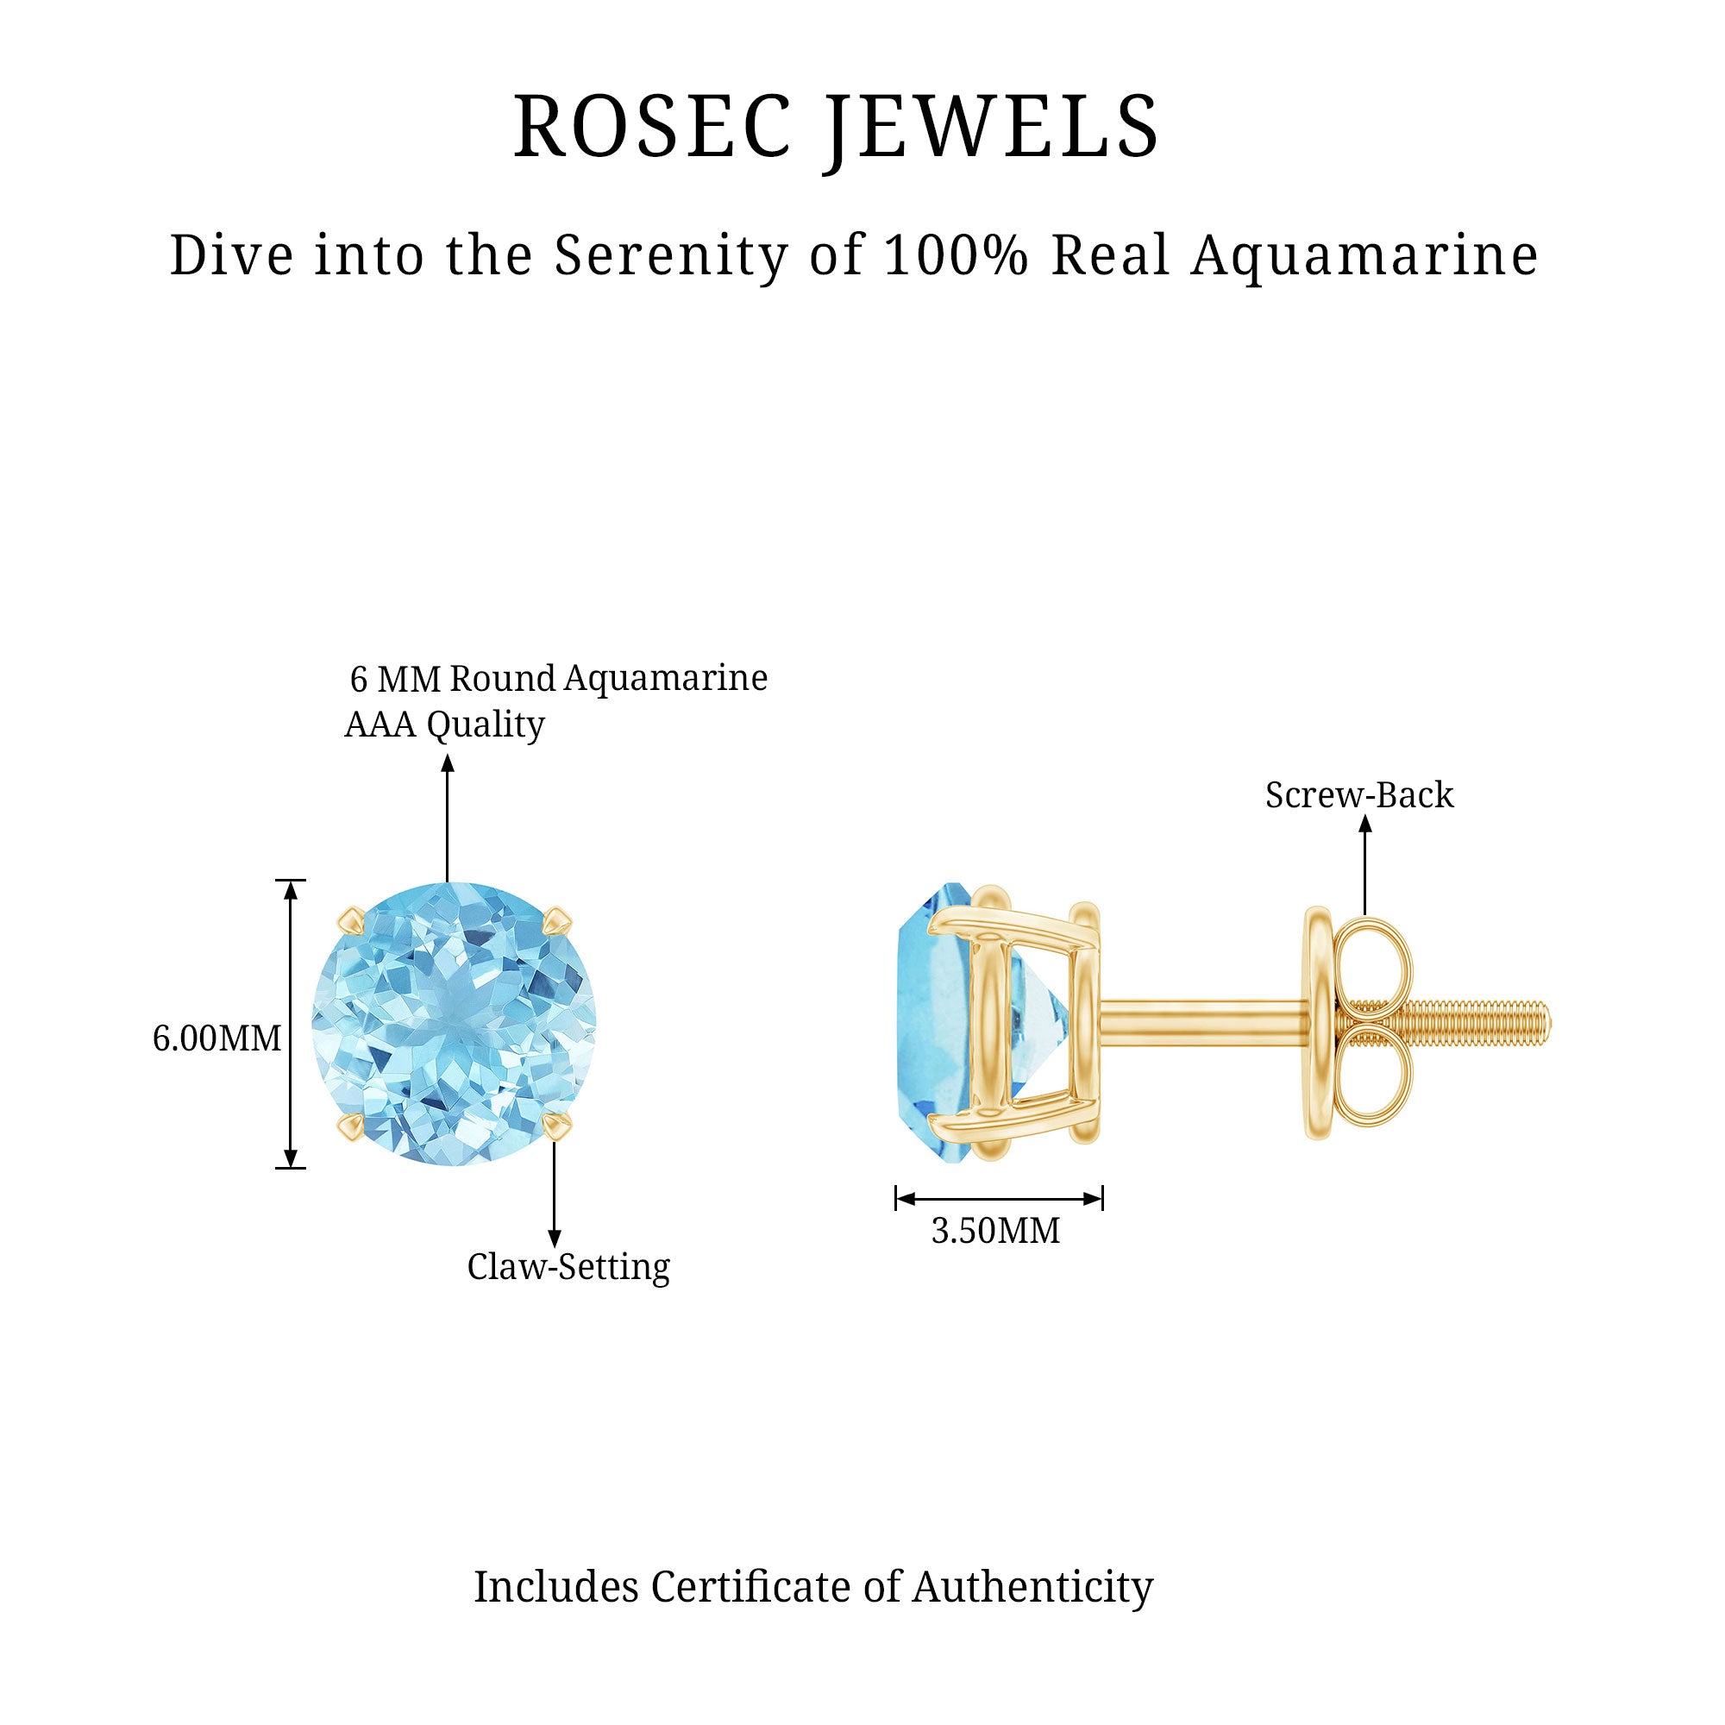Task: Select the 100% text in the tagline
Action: pyautogui.click(x=957, y=255)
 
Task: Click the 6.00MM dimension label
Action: pyautogui.click(x=217, y=1038)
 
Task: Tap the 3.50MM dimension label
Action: pyautogui.click(x=995, y=1232)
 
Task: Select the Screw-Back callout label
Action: pyautogui.click(x=1359, y=795)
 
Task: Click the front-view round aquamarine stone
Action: pyautogui.click(x=454, y=1024)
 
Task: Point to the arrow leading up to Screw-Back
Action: pyautogui.click(x=1364, y=865)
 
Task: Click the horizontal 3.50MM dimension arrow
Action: pyautogui.click(x=999, y=1199)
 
